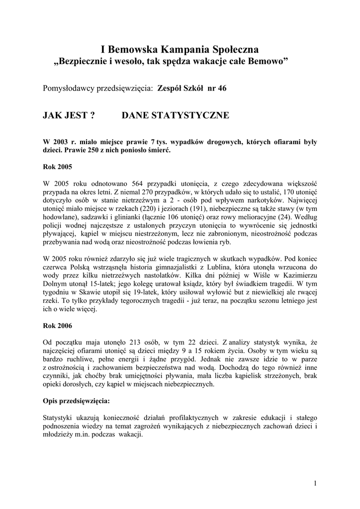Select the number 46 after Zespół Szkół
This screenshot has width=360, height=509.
point(219,88)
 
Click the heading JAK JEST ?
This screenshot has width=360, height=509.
point(70,115)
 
